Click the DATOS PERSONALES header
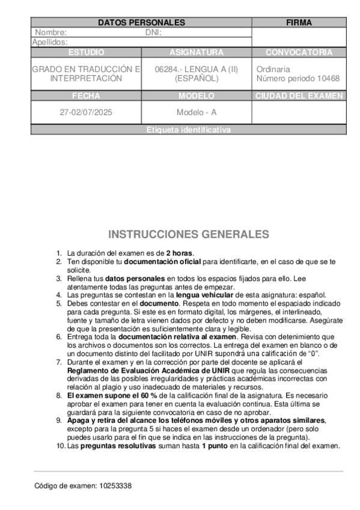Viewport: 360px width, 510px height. pos(141,23)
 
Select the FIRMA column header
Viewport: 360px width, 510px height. pos(299,23)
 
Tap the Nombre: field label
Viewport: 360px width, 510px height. pos(51,33)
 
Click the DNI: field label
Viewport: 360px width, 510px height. pos(154,33)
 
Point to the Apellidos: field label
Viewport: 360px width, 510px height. pos(50,43)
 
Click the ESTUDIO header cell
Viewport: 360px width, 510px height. pos(86,52)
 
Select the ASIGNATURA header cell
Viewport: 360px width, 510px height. pos(196,52)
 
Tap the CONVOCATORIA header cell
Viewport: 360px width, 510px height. pos(299,52)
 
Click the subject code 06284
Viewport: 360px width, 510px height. pos(166,70)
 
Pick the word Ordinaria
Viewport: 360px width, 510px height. pos(273,70)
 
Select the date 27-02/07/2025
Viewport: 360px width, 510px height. pos(86,112)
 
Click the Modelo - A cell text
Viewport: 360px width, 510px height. pos(196,112)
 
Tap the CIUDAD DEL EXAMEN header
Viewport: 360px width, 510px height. pos(299,96)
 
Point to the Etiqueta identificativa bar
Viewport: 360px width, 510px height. pos(188,130)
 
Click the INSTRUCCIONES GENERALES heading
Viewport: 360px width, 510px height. pos(188,235)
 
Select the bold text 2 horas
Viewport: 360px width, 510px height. pos(180,253)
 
